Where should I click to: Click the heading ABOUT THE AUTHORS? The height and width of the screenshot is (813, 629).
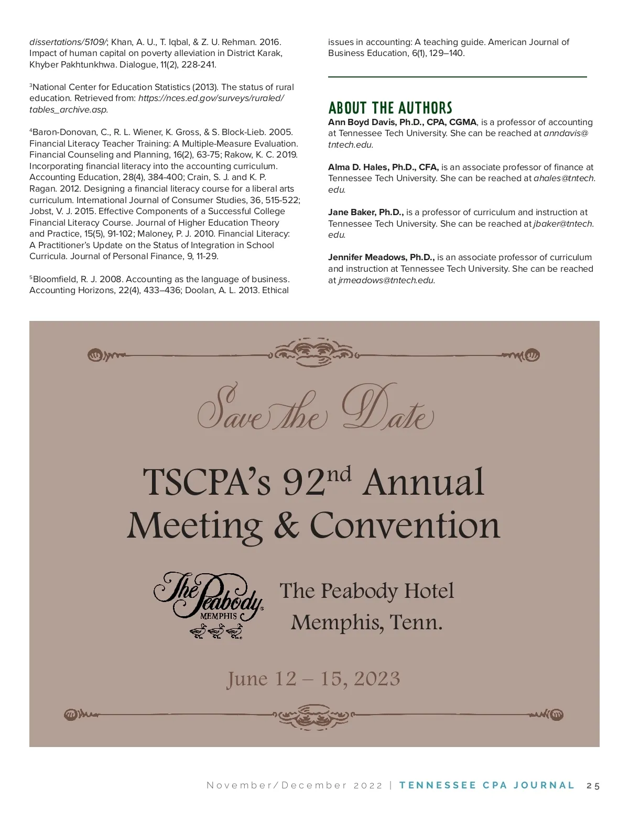pyautogui.click(x=390, y=108)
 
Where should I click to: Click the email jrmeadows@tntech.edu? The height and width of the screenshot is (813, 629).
pyautogui.click(x=386, y=281)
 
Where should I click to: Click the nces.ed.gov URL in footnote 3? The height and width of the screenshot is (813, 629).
pyautogui.click(x=211, y=98)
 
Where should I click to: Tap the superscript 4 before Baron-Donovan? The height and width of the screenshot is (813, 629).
pyautogui.click(x=31, y=130)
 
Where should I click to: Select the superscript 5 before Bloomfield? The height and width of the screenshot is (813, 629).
pyautogui.click(x=31, y=277)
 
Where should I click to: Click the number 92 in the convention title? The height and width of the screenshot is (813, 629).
pyautogui.click(x=303, y=483)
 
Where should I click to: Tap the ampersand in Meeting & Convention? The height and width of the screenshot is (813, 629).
pyautogui.click(x=286, y=526)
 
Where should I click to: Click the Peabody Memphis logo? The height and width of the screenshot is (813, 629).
pyautogui.click(x=208, y=597)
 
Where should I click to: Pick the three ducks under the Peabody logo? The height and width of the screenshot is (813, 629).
pyautogui.click(x=216, y=631)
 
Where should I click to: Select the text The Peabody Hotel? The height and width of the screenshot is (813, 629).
pyautogui.click(x=366, y=591)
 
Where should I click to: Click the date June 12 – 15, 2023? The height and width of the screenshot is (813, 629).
pyautogui.click(x=313, y=679)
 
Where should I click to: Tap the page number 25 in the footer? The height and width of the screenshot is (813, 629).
pyautogui.click(x=593, y=786)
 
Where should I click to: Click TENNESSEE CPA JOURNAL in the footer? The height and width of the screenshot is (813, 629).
pyautogui.click(x=487, y=786)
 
